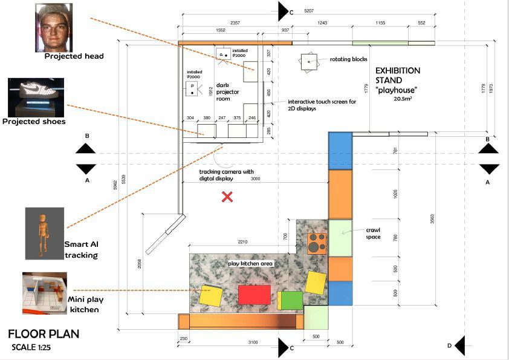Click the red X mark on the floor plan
[227, 196]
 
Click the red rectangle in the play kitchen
[254, 295]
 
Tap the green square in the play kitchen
[291, 300]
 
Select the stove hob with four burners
[316, 243]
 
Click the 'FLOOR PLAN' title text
[44, 334]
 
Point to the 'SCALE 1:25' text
[36, 347]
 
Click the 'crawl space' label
[372, 234]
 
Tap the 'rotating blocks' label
[349, 60]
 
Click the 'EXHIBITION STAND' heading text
[398, 75]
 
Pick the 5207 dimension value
[309, 11]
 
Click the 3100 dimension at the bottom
[253, 342]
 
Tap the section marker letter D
[449, 345]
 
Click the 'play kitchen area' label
[251, 264]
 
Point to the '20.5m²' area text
[402, 98]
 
